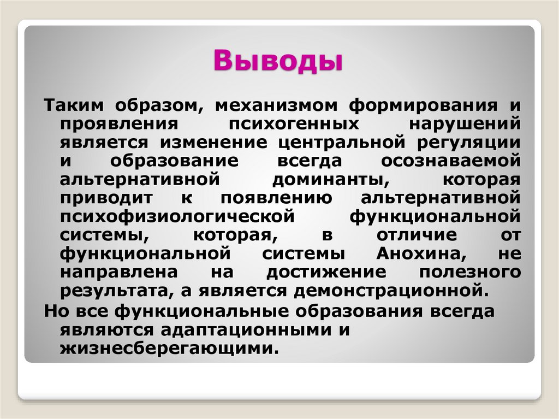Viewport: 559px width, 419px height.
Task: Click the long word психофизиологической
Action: tap(178, 217)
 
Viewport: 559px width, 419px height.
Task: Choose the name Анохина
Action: tap(419, 254)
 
